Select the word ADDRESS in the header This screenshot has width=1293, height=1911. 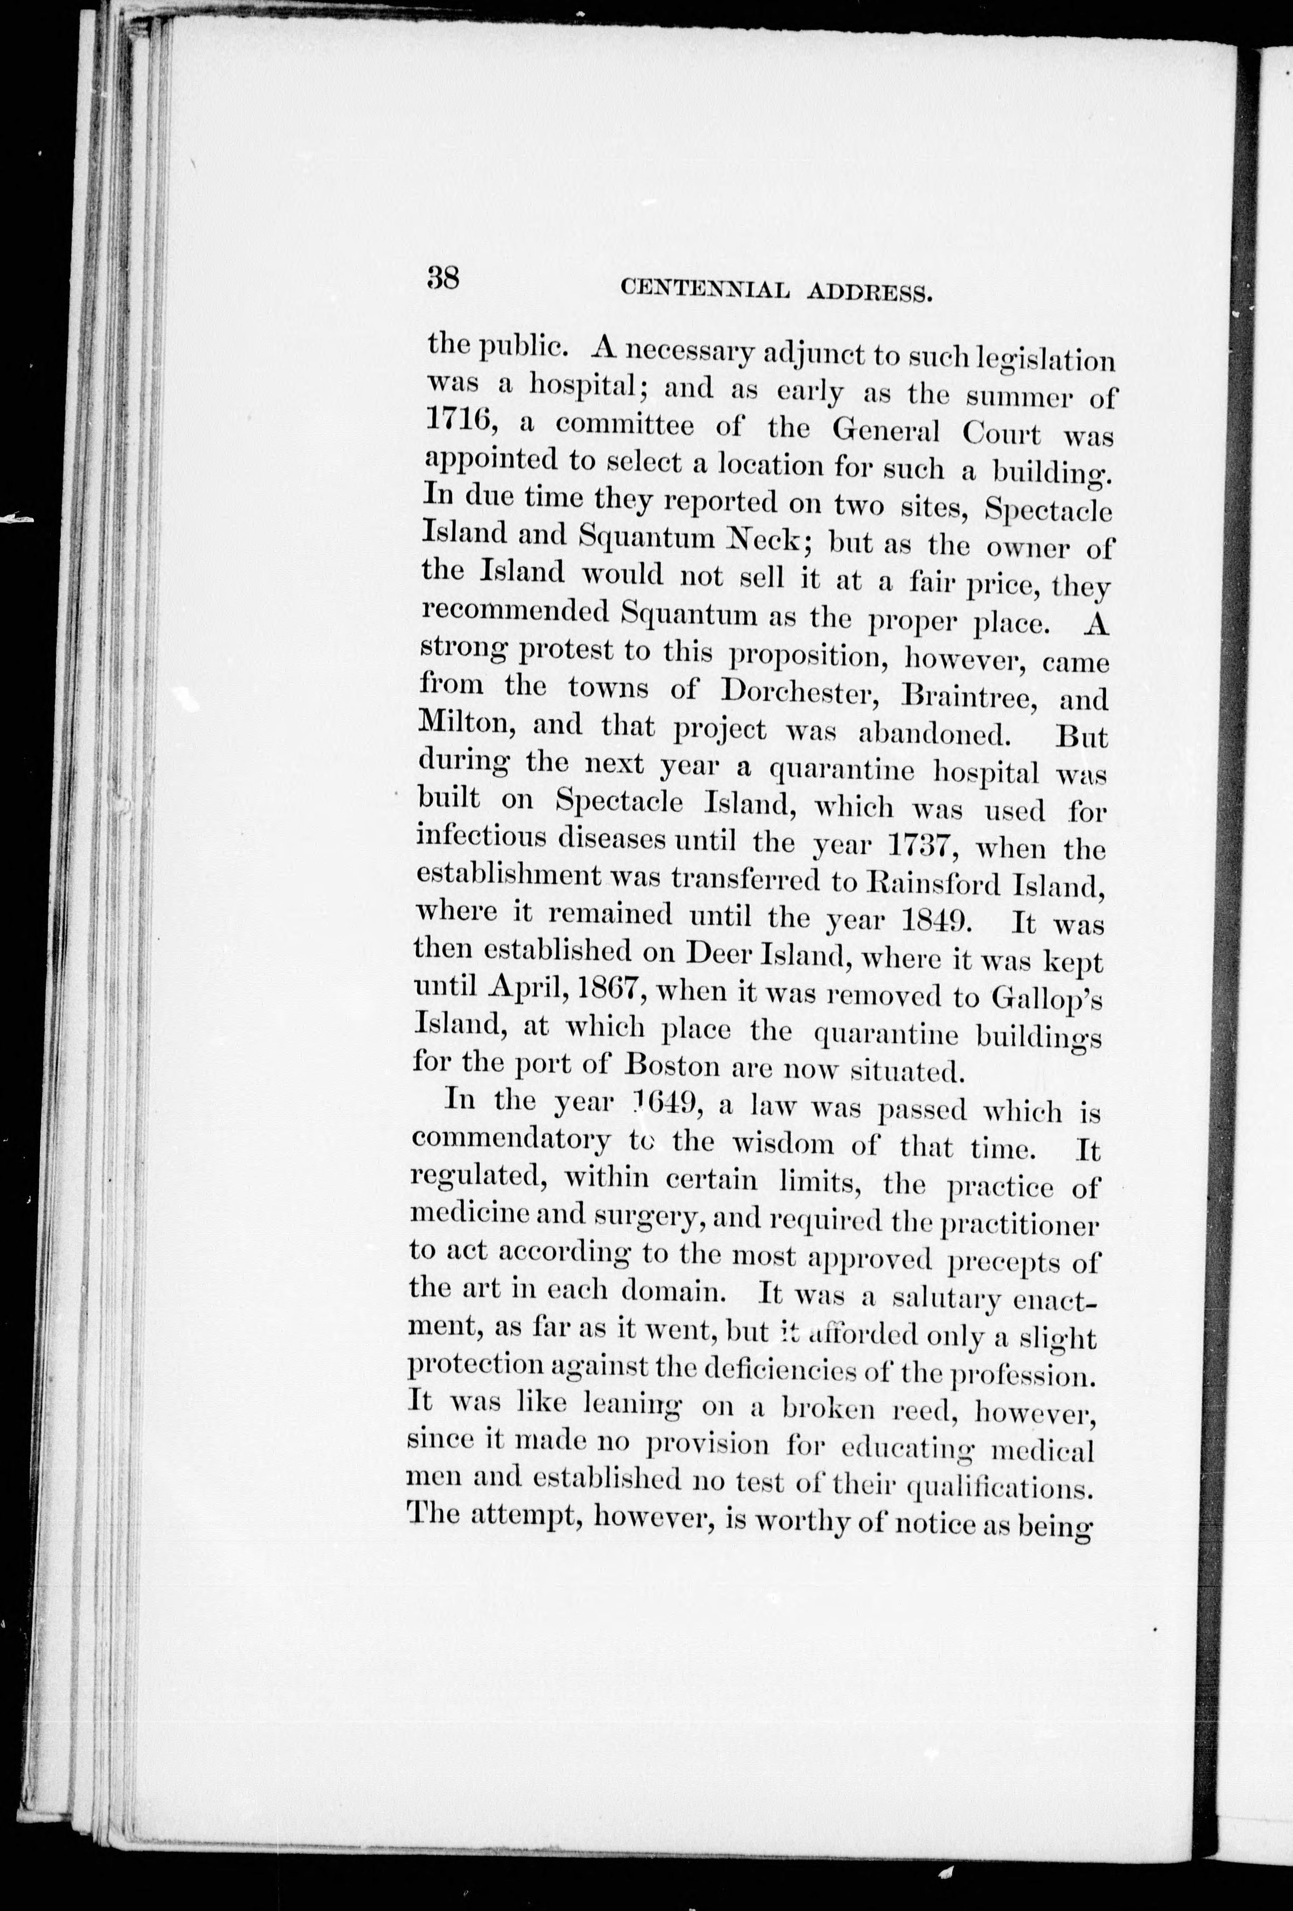[870, 293]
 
